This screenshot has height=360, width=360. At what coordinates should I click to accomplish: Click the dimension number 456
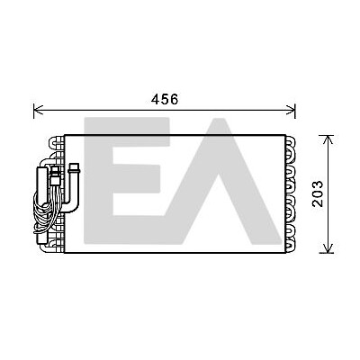165,99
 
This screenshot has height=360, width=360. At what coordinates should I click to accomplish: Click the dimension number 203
318,193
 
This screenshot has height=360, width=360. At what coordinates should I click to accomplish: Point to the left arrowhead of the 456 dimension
38,110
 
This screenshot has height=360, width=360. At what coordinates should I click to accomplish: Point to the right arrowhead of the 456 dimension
292,110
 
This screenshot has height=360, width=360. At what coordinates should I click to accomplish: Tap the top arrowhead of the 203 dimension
328,139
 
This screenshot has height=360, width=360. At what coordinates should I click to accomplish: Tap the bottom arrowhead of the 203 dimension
328,248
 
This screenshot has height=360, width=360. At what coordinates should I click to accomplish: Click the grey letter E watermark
127,180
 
